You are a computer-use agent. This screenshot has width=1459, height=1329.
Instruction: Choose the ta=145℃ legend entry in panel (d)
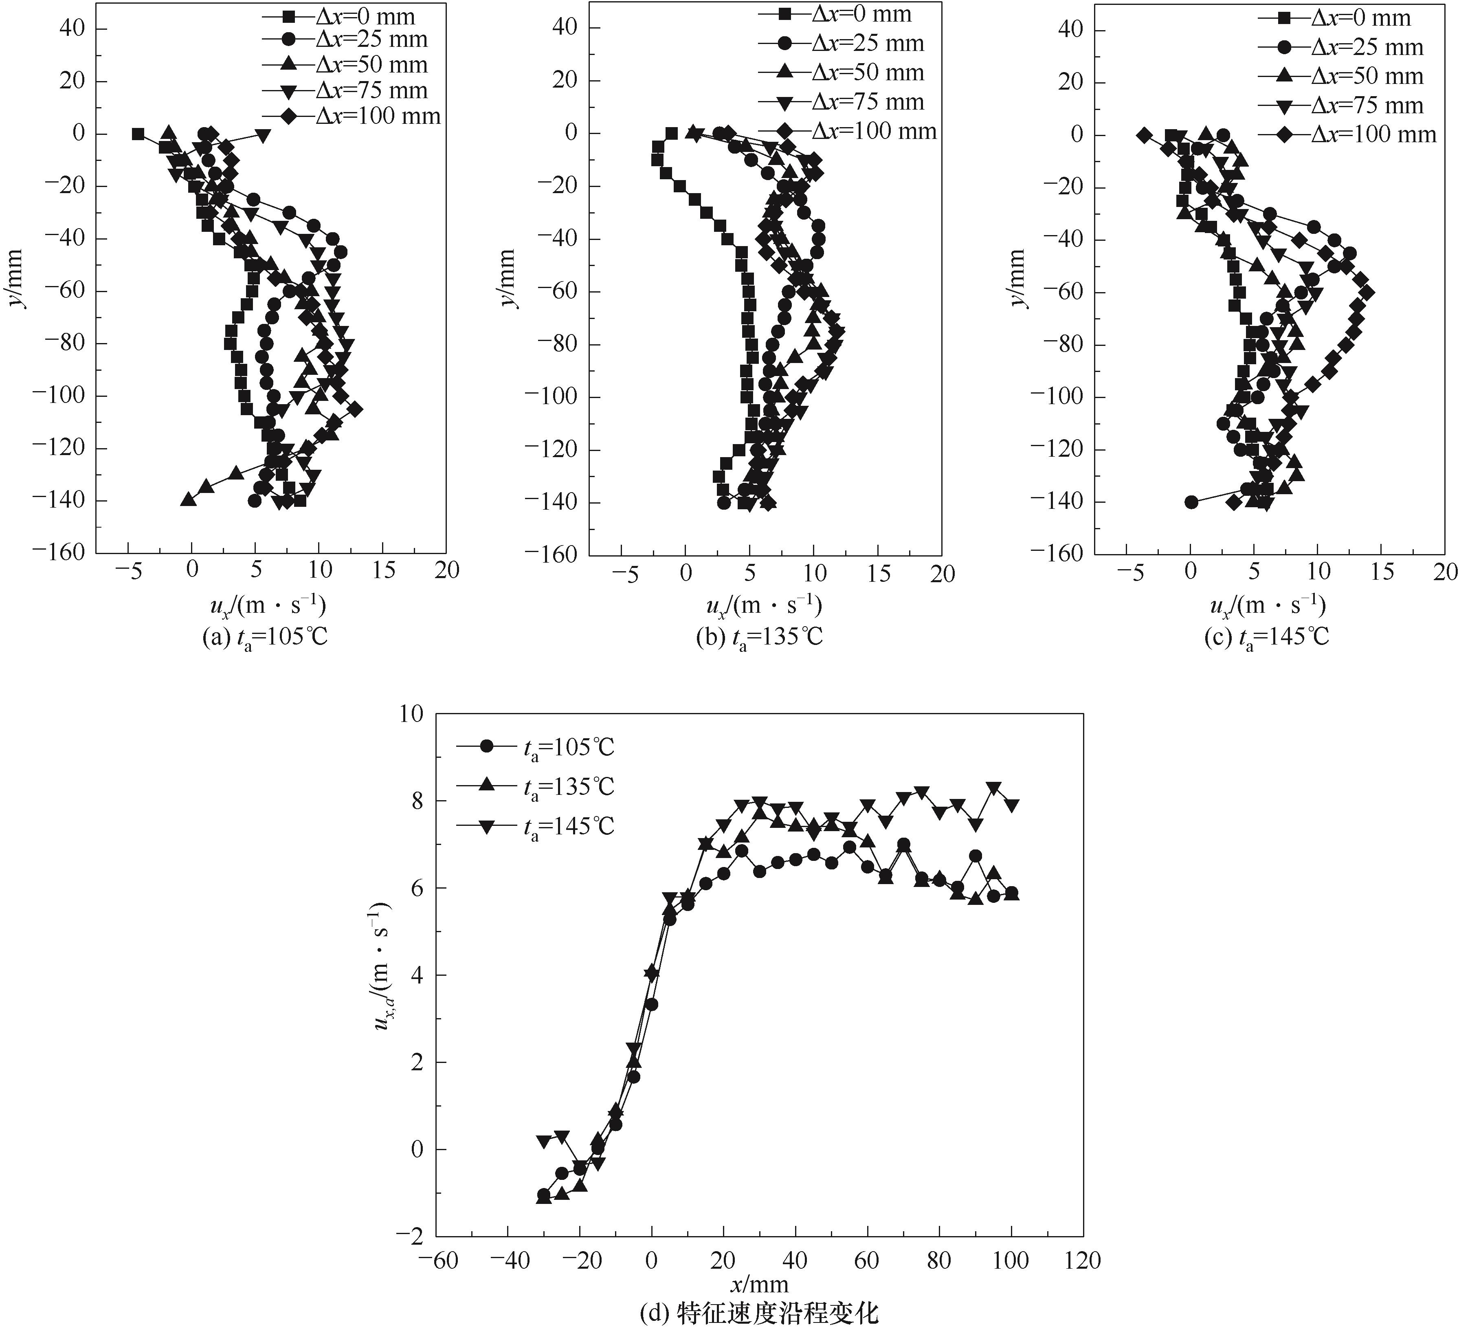pyautogui.click(x=536, y=826)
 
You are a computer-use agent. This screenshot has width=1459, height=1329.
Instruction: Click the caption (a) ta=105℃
pyautogui.click(x=264, y=637)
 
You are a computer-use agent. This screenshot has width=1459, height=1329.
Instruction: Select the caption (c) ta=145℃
pyautogui.click(x=1266, y=637)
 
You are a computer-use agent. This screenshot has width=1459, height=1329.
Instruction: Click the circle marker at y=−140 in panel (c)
pyautogui.click(x=1191, y=502)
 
